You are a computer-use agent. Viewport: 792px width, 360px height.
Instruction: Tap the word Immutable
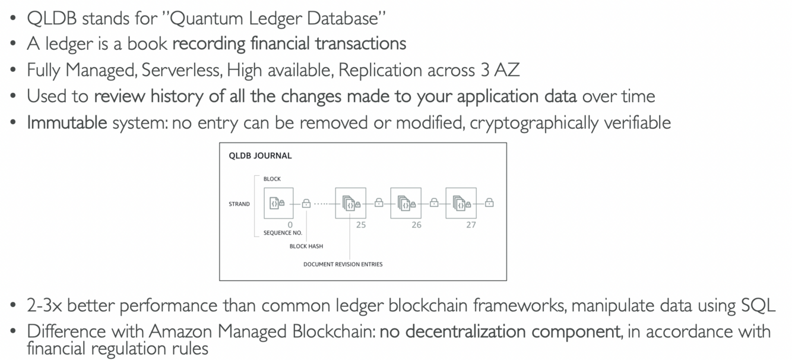[67, 122]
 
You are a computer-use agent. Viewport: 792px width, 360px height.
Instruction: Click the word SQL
[758, 305]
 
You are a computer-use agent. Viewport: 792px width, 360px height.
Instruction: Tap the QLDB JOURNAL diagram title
[260, 156]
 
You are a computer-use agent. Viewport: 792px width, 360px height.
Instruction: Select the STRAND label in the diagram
[239, 204]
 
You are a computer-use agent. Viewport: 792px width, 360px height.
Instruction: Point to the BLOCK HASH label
[306, 246]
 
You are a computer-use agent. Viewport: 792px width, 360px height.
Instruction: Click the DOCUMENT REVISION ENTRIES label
[343, 264]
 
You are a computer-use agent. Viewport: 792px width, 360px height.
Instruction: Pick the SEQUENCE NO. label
[283, 233]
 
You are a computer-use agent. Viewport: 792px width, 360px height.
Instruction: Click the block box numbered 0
[278, 203]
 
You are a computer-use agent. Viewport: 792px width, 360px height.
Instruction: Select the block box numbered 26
[405, 203]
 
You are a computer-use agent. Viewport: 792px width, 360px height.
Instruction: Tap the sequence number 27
[471, 225]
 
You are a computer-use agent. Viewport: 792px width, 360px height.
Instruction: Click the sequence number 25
[361, 225]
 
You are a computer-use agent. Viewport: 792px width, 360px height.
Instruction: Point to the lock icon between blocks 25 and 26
[379, 203]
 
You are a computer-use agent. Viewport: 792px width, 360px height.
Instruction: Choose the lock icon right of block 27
[489, 203]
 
